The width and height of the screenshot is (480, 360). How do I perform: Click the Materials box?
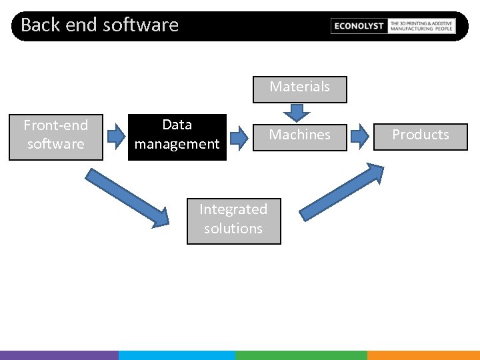click(x=300, y=89)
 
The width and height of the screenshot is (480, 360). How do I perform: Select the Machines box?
click(x=300, y=137)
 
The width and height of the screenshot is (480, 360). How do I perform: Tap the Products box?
click(x=420, y=137)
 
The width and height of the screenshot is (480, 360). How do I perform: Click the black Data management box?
click(x=177, y=137)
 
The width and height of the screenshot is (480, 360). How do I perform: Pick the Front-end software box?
click(x=56, y=137)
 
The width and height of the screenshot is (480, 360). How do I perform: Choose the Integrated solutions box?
click(x=233, y=221)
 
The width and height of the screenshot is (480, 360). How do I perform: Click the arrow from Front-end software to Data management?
click(x=116, y=137)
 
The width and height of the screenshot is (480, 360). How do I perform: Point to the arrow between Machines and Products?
click(x=360, y=137)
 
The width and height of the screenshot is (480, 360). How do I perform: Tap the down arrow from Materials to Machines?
click(x=292, y=113)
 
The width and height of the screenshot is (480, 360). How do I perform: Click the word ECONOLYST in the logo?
click(x=359, y=26)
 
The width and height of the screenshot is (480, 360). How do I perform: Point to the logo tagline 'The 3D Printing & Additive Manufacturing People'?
click(x=421, y=26)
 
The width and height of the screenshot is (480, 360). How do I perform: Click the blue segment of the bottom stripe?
click(x=177, y=355)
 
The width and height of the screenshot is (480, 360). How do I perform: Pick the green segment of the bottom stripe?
click(x=301, y=355)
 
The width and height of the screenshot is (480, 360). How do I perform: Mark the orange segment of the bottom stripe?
click(x=423, y=355)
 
